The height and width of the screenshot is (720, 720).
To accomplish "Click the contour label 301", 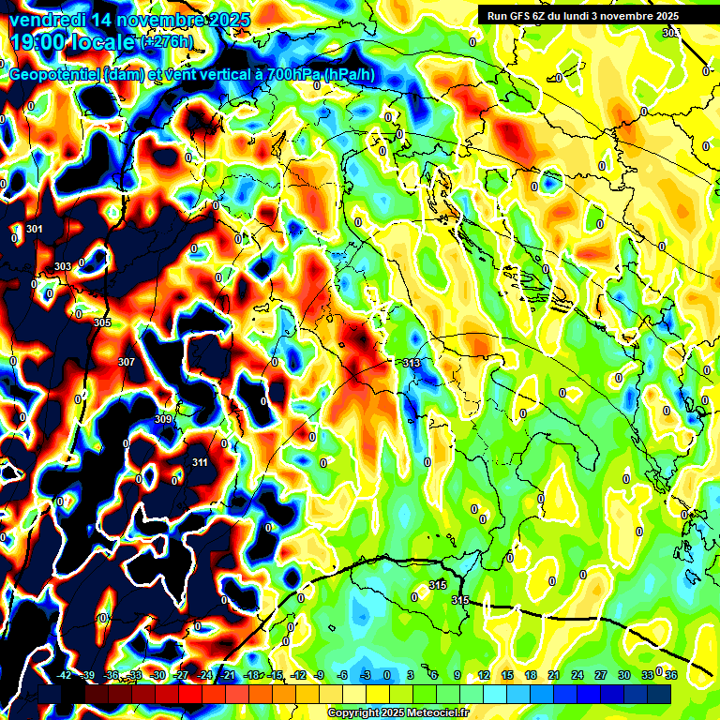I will (x=36, y=229).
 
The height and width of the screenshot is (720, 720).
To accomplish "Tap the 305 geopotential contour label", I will (x=102, y=322).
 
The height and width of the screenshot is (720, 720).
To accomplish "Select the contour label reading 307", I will (x=127, y=361).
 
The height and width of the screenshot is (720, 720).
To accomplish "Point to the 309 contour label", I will (x=163, y=419).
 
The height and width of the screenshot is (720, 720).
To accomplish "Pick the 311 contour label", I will (x=200, y=462).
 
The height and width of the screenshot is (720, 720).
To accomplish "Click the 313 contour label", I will (x=411, y=363).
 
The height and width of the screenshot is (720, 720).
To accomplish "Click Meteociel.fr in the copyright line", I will (x=433, y=713).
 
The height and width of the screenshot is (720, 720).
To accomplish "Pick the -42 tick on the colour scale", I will (x=64, y=675).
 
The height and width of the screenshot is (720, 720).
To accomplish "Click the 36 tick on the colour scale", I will (x=670, y=675).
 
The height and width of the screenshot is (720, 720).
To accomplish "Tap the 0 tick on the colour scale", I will (x=387, y=675).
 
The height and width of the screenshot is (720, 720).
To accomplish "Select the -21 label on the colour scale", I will (x=228, y=675).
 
